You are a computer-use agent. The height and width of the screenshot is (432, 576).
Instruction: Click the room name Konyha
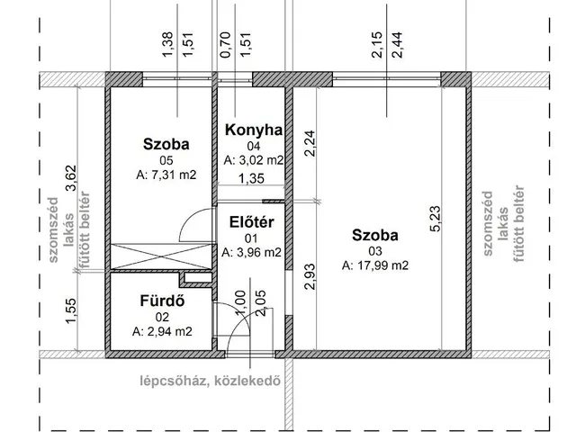(x=253, y=130)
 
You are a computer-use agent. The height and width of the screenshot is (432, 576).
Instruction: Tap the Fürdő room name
(x=163, y=301)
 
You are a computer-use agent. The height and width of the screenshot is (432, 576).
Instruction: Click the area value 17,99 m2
(x=375, y=265)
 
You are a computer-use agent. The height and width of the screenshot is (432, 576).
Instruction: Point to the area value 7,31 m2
(x=166, y=174)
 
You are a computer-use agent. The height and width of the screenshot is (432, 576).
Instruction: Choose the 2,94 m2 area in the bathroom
(x=163, y=331)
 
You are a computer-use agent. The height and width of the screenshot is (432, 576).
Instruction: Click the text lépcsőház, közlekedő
(x=208, y=380)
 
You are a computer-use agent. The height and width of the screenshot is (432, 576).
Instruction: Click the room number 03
(x=375, y=251)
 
